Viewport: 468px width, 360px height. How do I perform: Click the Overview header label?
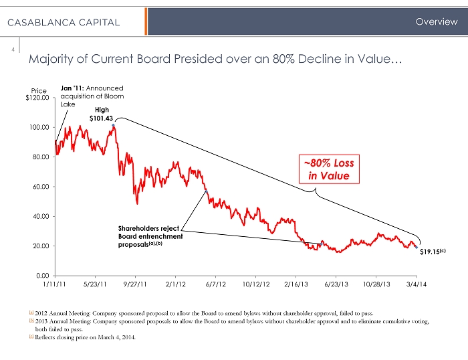tap(436, 21)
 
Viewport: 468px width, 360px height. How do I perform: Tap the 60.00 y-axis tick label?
tap(41, 187)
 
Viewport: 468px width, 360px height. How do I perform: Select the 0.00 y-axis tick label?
tap(42, 275)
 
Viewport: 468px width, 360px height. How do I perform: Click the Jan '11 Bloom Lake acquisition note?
tap(91, 96)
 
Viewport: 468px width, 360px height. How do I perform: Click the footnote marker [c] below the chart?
tap(31, 337)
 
